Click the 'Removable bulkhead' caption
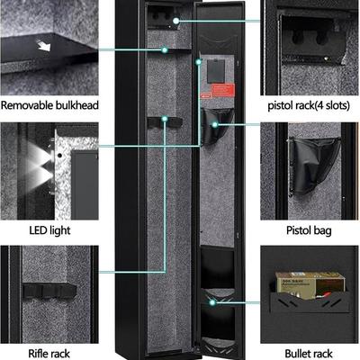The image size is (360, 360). (49, 105)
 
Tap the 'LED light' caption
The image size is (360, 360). (49, 230)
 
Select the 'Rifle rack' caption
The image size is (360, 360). (49, 354)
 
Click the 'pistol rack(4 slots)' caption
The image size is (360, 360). (309, 105)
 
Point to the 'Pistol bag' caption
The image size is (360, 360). (309, 230)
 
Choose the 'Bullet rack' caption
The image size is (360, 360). (309, 354)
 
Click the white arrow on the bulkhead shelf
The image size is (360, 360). (43, 46)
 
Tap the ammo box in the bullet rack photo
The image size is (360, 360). (309, 284)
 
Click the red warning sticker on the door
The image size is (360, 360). (223, 90)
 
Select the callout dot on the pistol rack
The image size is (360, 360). (176, 21)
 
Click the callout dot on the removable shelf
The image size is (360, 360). (165, 49)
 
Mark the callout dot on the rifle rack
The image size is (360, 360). (165, 119)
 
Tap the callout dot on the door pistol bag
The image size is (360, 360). (215, 124)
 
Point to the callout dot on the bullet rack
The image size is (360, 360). (212, 302)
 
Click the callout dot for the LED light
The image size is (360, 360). (198, 62)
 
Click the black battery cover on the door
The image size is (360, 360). (216, 71)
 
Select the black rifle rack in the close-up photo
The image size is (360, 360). (49, 290)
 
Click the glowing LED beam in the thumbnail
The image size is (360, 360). (39, 166)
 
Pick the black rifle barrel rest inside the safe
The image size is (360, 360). (165, 122)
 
